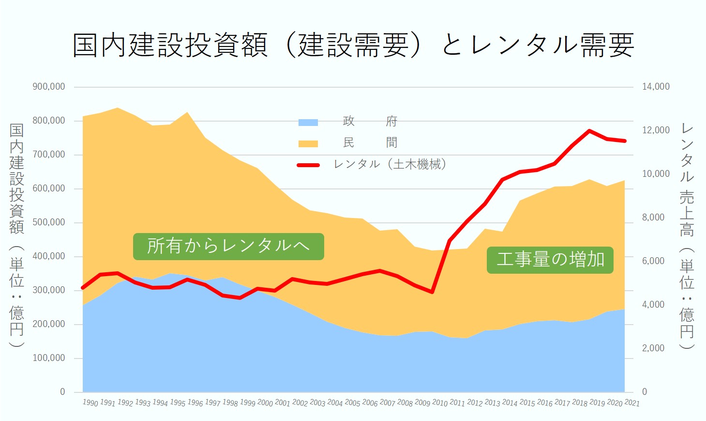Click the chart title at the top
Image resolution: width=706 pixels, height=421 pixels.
[x=353, y=45]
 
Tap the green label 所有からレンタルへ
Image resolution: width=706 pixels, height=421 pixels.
[x=228, y=246]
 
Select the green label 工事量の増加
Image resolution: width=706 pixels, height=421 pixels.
[x=550, y=260]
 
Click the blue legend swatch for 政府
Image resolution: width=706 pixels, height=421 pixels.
[x=308, y=122]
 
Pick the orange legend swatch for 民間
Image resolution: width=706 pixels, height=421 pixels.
[x=308, y=143]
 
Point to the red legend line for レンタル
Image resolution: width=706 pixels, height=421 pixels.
[x=308, y=165]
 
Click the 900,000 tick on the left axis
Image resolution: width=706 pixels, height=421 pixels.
[x=49, y=87]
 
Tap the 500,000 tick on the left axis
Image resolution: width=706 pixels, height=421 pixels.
[x=49, y=222]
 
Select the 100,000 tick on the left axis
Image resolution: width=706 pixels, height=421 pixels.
[x=49, y=358]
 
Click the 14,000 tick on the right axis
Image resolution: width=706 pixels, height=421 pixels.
[x=656, y=87]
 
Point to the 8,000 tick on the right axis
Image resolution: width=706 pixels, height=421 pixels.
[x=653, y=218]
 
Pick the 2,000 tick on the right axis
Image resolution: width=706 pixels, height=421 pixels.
[x=653, y=348]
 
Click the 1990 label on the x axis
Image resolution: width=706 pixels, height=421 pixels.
[x=90, y=403]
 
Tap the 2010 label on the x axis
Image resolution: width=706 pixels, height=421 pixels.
[x=440, y=403]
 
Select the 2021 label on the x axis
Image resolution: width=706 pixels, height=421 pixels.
[x=632, y=403]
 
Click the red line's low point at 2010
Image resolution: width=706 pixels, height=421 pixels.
[x=432, y=292]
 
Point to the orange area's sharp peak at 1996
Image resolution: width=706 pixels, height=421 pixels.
[x=187, y=112]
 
